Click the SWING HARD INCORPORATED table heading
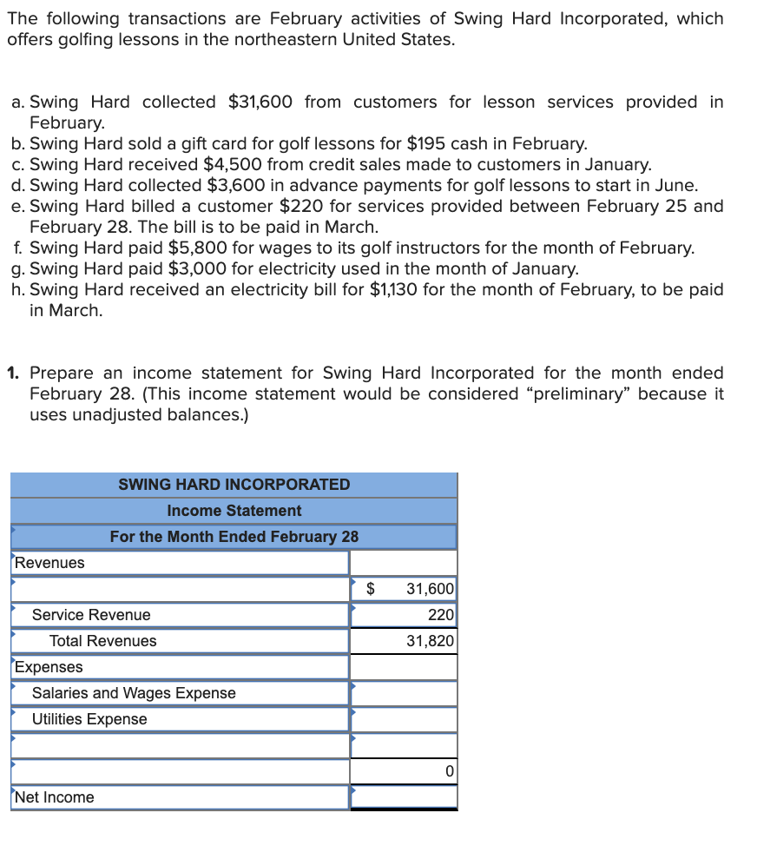(x=234, y=485)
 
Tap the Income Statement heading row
(x=234, y=511)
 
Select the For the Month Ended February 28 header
(x=234, y=537)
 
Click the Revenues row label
(x=50, y=563)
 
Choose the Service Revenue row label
(x=91, y=615)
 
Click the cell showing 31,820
(x=430, y=641)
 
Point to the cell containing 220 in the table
(x=441, y=615)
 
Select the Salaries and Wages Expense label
(x=134, y=693)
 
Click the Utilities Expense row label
(x=89, y=719)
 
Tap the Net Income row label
(x=55, y=797)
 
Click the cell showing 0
(x=448, y=771)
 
